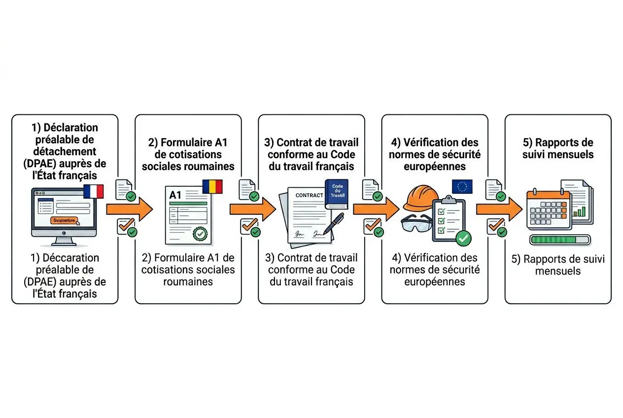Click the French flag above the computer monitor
pyautogui.click(x=93, y=191)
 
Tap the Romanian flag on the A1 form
pyautogui.click(x=212, y=186)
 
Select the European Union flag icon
pyautogui.click(x=462, y=186)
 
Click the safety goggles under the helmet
pyautogui.click(x=416, y=224)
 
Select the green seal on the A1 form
pyautogui.click(x=200, y=233)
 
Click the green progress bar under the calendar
pyautogui.click(x=559, y=240)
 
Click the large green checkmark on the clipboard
pyautogui.click(x=463, y=238)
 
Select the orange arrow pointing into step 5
pyautogui.click(x=499, y=209)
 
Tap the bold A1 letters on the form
pyautogui.click(x=175, y=195)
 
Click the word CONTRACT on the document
pyautogui.click(x=309, y=195)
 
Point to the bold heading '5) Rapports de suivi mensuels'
pyautogui.click(x=558, y=148)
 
